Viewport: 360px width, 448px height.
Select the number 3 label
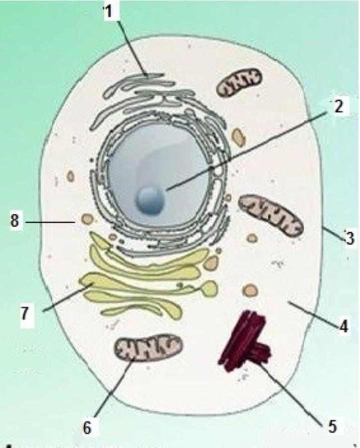coord(350,238)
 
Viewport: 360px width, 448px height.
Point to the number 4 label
coord(344,326)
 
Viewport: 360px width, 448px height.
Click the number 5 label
coord(333,426)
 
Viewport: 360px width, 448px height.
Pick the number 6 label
coord(87,428)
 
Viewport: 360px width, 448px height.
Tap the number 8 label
coord(16,221)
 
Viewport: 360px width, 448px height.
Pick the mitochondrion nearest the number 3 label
coord(271,215)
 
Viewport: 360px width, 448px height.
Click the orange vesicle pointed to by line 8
coord(88,218)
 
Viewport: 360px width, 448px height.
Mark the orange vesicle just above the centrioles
coord(250,290)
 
